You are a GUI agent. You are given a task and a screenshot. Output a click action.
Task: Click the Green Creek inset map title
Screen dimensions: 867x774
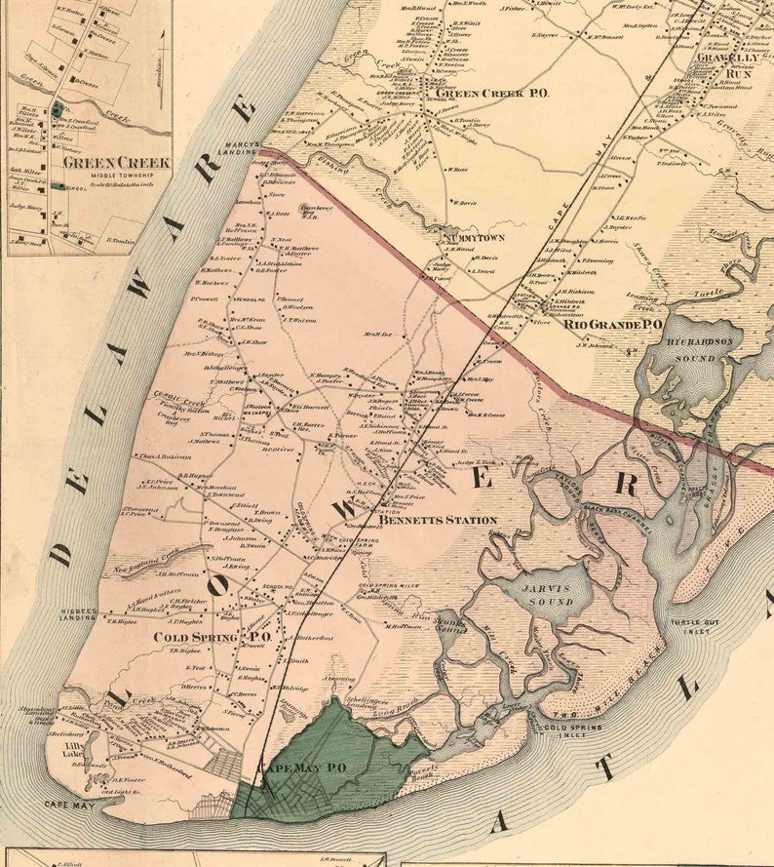[x=116, y=162]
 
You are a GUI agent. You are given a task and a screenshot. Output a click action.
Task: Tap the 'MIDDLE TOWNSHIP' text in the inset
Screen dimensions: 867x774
[x=115, y=177]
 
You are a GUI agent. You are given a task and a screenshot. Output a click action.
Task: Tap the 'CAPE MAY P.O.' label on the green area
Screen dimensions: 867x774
[x=301, y=768]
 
